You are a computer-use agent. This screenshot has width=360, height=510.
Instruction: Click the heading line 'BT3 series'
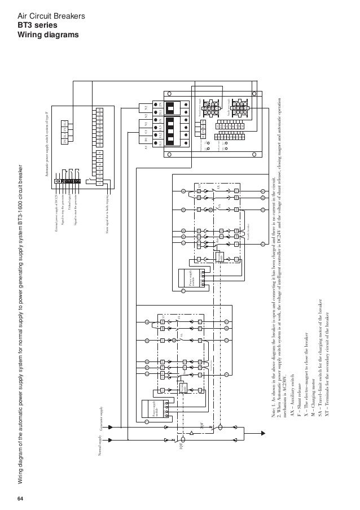coord(36,27)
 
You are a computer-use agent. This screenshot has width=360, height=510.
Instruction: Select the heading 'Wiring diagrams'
coord(46,37)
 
